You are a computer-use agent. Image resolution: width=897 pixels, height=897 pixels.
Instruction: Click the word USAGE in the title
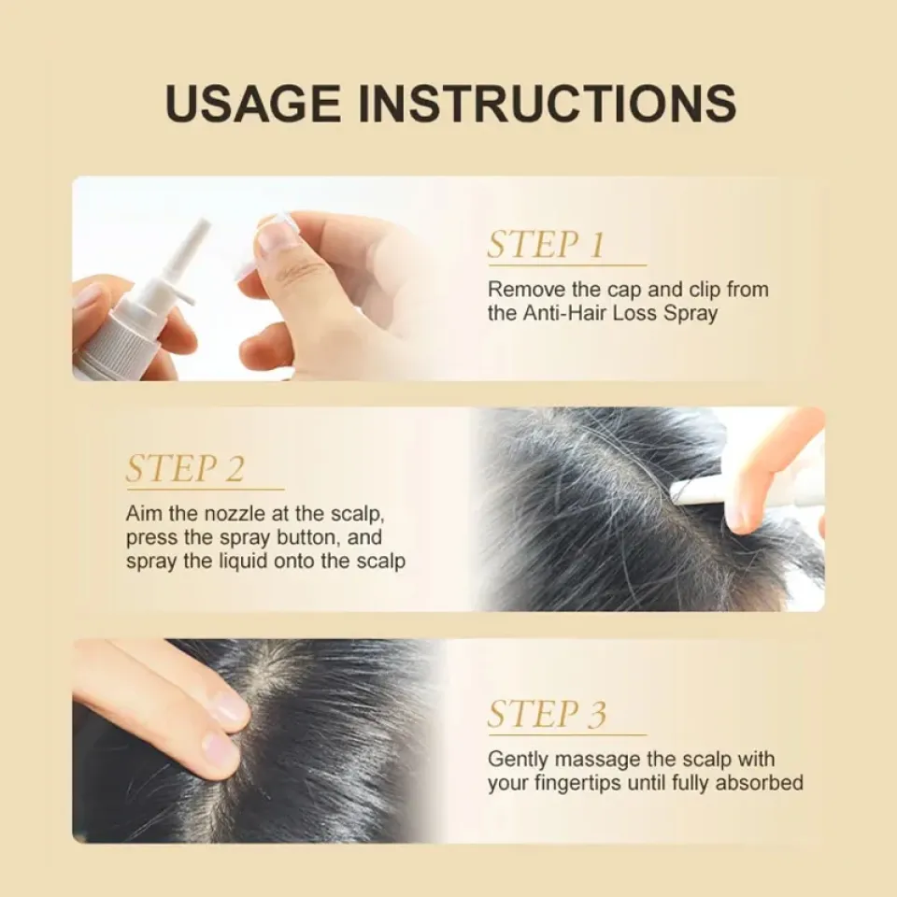point(252,104)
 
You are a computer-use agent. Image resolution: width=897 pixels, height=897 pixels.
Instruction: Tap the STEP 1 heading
point(546,246)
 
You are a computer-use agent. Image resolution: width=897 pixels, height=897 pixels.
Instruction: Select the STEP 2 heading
point(185,469)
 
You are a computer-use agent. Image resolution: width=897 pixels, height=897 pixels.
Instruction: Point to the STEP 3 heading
point(547,715)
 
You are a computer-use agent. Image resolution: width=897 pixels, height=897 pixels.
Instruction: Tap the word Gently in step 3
point(519,760)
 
